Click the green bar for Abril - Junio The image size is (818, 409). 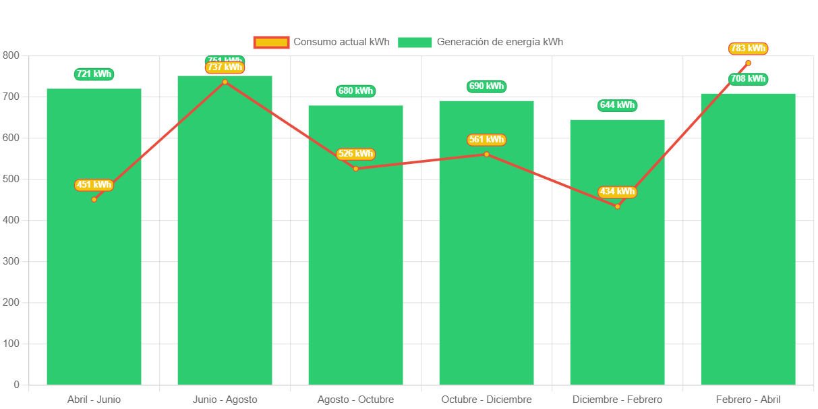click(94, 270)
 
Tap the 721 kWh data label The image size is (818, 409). click(94, 74)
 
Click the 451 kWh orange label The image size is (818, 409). click(94, 185)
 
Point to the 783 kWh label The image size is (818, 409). click(748, 49)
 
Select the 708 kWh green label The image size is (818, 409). click(748, 79)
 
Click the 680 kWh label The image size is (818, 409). click(355, 91)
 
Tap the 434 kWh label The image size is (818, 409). click(617, 192)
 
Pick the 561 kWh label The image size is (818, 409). click(486, 140)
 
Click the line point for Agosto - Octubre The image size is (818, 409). click(355, 168)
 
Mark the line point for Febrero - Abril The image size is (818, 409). click(748, 63)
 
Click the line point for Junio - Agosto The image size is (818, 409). click(225, 82)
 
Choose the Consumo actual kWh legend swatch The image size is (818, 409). click(271, 42)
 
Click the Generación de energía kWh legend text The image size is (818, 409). click(500, 42)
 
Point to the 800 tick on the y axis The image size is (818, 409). click(11, 55)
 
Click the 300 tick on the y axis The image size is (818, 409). click(11, 261)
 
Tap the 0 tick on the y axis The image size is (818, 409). click(16, 385)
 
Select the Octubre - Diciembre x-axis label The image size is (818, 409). click(486, 400)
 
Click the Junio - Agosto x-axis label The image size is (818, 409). click(225, 400)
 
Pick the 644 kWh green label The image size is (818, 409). click(617, 105)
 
